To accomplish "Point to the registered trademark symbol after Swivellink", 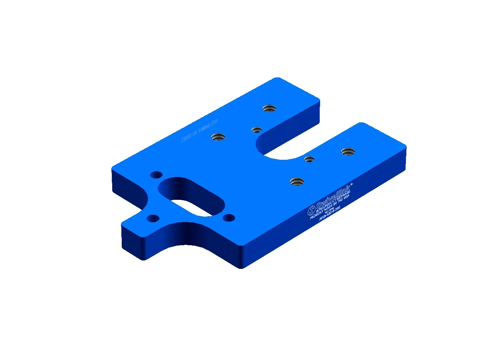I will tap(351, 184).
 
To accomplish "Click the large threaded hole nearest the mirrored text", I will tap(218, 136).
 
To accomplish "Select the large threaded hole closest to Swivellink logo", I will tap(296, 181).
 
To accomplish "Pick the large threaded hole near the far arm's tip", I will tap(269, 108).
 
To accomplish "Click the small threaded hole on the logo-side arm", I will tap(309, 159).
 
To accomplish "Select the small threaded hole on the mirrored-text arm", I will tap(256, 130).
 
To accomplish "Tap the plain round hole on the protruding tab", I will tap(153, 219).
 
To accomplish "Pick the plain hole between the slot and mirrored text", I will tap(156, 175).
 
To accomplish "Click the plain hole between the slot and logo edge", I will tap(229, 218).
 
